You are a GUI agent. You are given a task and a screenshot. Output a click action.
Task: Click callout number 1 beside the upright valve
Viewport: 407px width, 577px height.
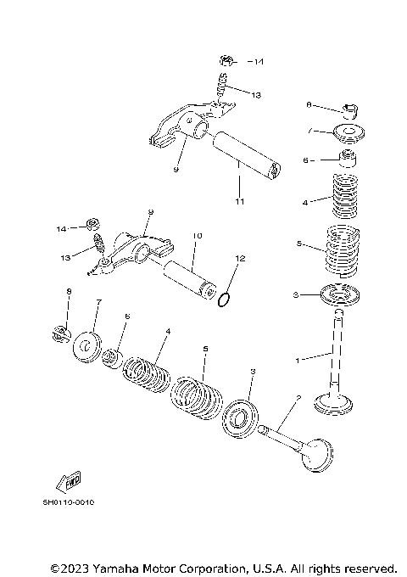tap(298, 360)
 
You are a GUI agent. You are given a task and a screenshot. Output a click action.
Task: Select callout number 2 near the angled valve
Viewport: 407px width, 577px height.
tap(298, 398)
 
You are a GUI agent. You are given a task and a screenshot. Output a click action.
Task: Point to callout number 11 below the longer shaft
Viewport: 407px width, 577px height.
tap(239, 201)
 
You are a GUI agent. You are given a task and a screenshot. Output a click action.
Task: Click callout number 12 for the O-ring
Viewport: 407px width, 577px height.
tap(240, 258)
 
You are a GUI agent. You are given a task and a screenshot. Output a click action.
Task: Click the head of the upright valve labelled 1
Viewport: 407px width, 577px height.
tap(338, 401)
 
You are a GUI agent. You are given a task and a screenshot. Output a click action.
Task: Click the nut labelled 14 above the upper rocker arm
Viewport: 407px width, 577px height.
tap(226, 60)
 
